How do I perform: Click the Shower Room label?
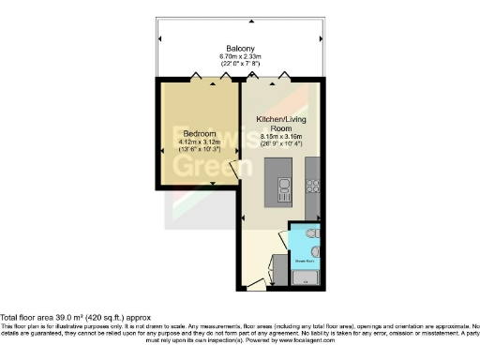click(302, 250)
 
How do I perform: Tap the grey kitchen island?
click(282, 183)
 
